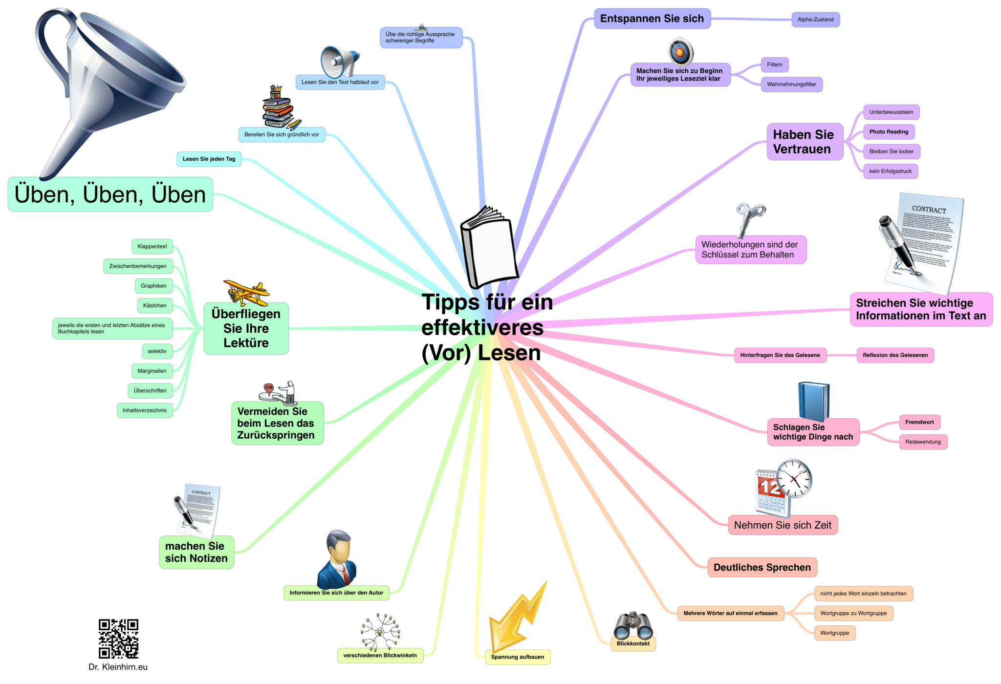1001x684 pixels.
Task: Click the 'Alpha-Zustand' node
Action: [x=815, y=20]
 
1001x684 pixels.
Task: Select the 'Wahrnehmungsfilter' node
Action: [x=791, y=85]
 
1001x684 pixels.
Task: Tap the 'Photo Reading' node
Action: [x=889, y=132]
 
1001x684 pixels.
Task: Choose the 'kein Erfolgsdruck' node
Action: [x=891, y=171]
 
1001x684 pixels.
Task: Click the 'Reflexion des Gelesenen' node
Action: [x=895, y=355]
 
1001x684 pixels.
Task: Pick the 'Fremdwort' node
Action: [x=919, y=422]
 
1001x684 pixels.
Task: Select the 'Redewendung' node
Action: [x=923, y=442]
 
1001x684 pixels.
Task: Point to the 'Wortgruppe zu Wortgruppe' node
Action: [x=853, y=613]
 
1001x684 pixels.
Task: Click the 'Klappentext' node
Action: [x=152, y=247]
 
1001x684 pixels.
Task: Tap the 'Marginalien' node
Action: [x=152, y=371]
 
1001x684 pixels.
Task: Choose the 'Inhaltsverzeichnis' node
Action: [x=145, y=410]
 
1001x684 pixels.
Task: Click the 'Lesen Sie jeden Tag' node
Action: [x=209, y=159]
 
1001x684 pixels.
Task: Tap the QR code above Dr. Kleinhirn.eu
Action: [x=118, y=639]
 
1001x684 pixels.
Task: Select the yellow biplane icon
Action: [x=246, y=292]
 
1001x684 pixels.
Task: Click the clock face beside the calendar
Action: [x=794, y=478]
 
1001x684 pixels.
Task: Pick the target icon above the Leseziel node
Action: [x=681, y=52]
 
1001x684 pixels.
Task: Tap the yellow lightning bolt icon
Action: [x=518, y=617]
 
